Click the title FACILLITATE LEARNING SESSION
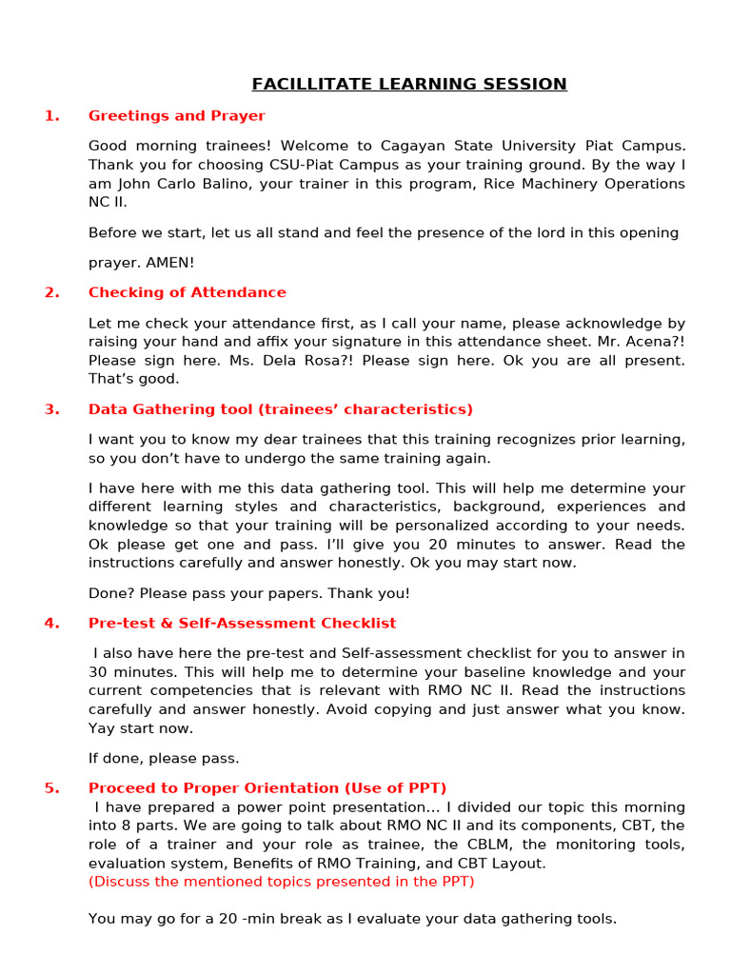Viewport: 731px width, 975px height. pos(409,85)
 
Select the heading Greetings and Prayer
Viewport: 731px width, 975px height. pos(177,116)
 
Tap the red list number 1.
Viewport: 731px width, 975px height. pos(51,116)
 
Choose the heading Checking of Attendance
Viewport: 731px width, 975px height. pos(188,293)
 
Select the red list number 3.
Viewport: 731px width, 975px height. pos(51,410)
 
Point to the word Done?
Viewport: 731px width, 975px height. pos(109,593)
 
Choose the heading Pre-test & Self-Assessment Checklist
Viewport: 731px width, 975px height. pos(243,624)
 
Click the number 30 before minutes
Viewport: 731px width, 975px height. pos(98,672)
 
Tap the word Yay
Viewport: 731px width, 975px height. pos(103,728)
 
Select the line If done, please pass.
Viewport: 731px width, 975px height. pos(164,759)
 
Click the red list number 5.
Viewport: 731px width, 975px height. pos(51,788)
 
